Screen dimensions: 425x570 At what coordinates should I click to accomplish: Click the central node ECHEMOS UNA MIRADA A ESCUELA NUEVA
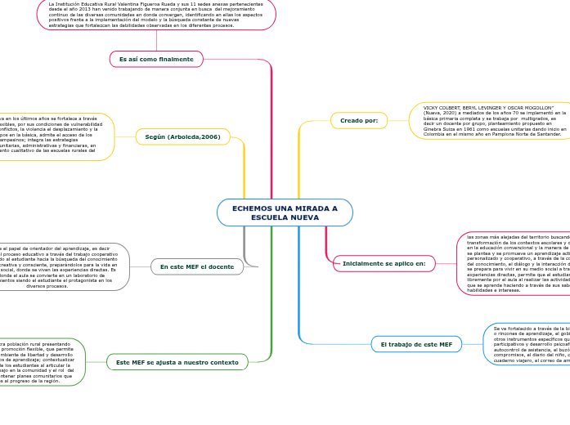pyautogui.click(x=285, y=212)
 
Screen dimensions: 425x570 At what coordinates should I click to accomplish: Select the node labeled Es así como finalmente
pyautogui.click(x=156, y=60)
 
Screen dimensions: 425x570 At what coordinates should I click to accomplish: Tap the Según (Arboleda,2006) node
pyautogui.click(x=177, y=136)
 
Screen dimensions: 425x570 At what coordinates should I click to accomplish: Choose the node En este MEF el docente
pyautogui.click(x=197, y=266)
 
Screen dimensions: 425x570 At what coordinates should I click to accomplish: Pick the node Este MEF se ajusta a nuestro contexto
pyautogui.click(x=177, y=362)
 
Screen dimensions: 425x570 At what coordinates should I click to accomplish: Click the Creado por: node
pyautogui.click(x=359, y=120)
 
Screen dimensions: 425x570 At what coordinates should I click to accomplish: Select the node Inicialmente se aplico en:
pyautogui.click(x=384, y=263)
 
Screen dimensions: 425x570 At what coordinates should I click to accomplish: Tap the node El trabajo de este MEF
pyautogui.click(x=416, y=345)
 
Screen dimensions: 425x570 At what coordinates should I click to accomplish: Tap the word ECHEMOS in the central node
pyautogui.click(x=253, y=208)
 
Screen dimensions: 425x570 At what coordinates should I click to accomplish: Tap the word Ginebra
pyautogui.click(x=433, y=128)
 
